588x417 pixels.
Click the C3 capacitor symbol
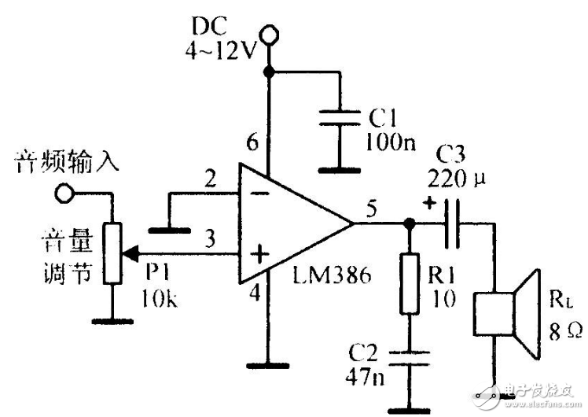(448, 224)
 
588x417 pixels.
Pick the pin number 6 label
(252, 143)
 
